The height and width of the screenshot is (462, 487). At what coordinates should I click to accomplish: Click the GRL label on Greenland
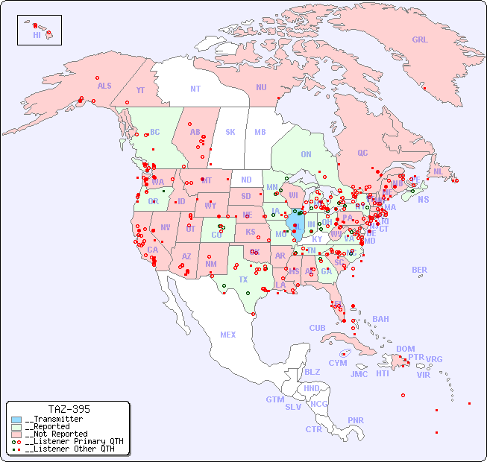point(420,40)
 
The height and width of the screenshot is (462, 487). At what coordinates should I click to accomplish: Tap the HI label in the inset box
point(37,35)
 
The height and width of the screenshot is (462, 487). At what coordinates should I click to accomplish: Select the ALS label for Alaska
point(104,86)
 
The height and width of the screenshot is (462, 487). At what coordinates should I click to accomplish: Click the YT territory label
point(140,90)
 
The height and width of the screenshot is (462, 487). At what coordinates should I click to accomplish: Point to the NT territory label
point(195,89)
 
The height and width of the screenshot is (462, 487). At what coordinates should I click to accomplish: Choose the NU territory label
point(261,87)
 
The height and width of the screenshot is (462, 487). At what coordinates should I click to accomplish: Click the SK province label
point(230,132)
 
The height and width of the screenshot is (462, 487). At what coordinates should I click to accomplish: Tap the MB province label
point(260,132)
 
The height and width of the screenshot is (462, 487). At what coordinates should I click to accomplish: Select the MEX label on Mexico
point(228,335)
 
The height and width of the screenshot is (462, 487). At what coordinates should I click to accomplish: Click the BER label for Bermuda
point(419,270)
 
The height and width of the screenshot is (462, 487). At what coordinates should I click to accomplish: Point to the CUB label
point(317,328)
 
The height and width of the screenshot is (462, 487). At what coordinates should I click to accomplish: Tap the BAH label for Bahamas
point(380,319)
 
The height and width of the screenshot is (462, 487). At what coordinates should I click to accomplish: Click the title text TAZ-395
point(69,409)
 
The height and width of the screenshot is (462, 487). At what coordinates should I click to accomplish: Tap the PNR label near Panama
point(356,420)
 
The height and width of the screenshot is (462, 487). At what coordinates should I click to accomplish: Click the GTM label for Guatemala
point(274,399)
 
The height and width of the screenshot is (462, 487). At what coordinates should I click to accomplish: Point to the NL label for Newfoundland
point(438,171)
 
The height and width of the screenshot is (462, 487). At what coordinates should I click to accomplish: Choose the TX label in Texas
point(243,279)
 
